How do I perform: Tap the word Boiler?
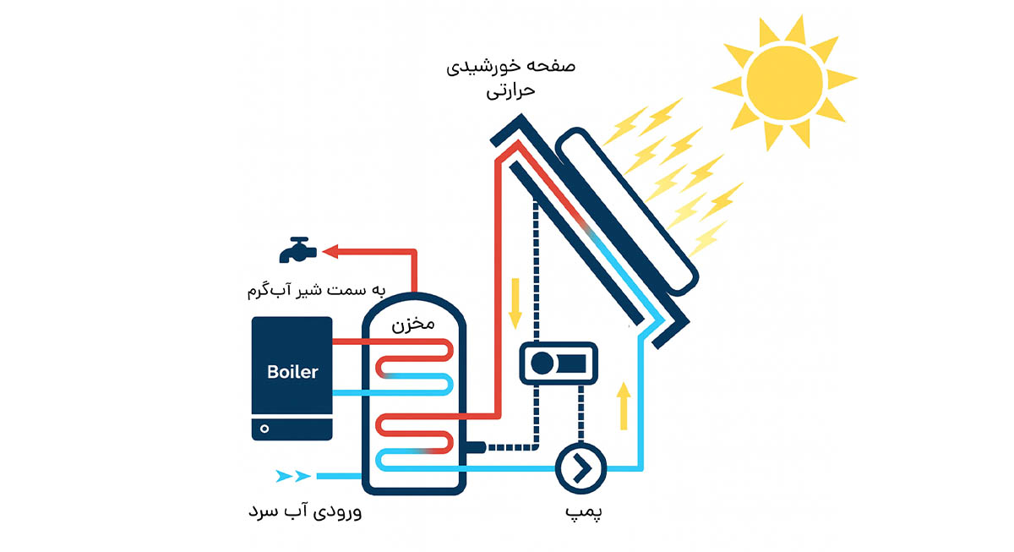292,371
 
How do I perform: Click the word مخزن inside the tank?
412,325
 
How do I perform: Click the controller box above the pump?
557,364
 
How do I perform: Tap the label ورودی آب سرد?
309,511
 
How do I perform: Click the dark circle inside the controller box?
542,364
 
